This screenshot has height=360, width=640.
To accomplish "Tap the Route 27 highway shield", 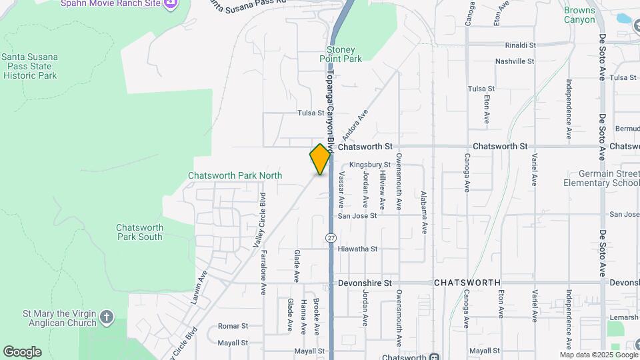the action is coord(331,238).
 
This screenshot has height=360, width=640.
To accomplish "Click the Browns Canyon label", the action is coord(579,15).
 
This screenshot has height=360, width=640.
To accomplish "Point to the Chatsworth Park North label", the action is coord(235,175).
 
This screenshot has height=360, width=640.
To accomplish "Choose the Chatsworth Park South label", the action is coord(139,231).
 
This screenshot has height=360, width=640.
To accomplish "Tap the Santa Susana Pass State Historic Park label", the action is coord(29,66).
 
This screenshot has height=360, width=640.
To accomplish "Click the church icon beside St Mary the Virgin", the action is coord(107,317).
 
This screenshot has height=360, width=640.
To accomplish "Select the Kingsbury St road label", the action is coord(369,164).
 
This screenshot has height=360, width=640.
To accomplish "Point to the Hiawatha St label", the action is coord(358,249).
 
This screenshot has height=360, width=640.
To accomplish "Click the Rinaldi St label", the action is coord(520,45).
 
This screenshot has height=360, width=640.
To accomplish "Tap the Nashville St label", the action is coord(515,61).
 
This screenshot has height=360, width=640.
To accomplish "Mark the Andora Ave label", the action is coord(355,125).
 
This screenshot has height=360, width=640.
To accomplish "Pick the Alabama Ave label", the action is coord(423,212).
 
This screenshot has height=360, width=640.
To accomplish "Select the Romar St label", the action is coord(233,327).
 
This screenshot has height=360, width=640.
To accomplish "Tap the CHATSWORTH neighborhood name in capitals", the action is coord(467,283).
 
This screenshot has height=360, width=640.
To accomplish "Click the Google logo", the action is coord(22,351).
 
